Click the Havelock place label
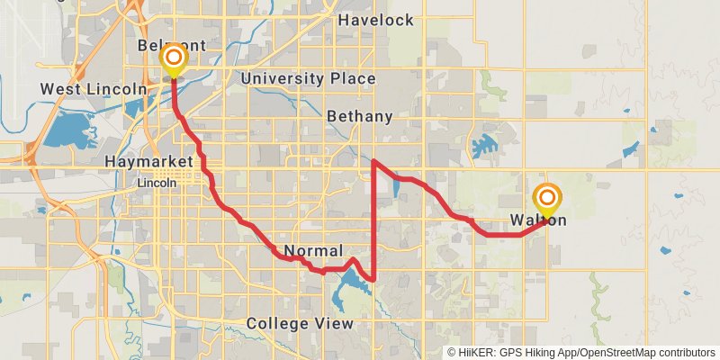[x=376, y=20]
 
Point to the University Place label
[x=308, y=79]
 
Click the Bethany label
[x=360, y=116]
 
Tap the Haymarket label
[x=148, y=161]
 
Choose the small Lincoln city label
[x=157, y=182]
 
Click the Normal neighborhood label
[x=313, y=249]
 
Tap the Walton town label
[x=538, y=220]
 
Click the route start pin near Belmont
[x=173, y=61]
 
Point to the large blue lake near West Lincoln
[x=67, y=131]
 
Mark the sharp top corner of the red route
[x=373, y=161]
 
